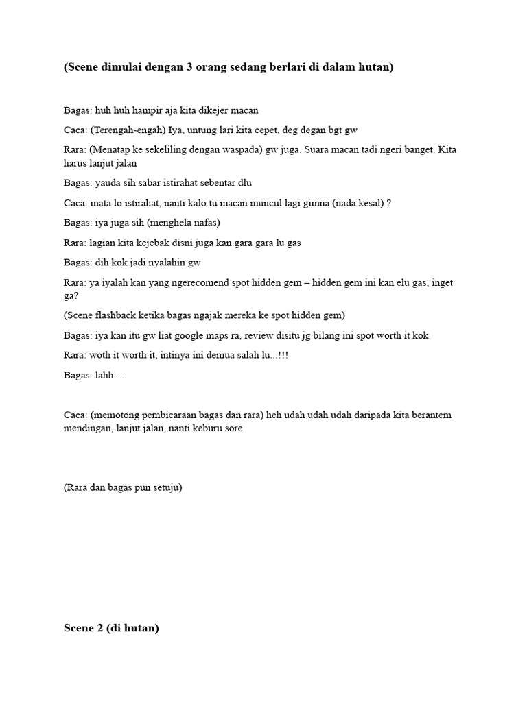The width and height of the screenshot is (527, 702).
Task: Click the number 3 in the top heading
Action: [x=190, y=69]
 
